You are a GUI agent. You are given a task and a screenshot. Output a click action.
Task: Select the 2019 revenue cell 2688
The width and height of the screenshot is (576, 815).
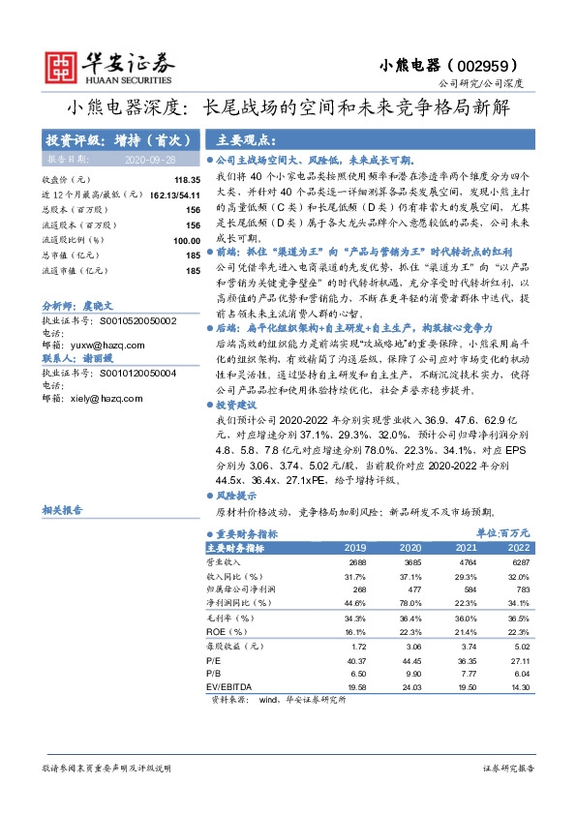tap(355, 561)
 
